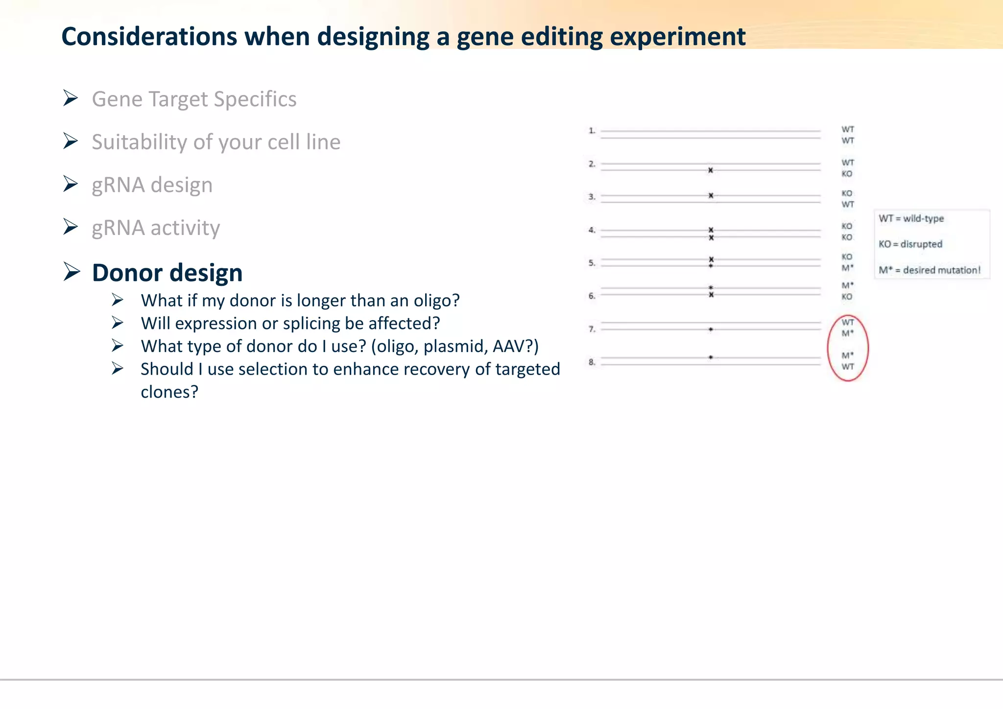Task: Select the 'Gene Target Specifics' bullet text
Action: click(x=194, y=99)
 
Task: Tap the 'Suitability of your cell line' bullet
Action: click(x=216, y=142)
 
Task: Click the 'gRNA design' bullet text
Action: click(x=152, y=185)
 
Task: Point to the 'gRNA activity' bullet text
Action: click(x=156, y=228)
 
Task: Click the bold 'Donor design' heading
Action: click(x=167, y=273)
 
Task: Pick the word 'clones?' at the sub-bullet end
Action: click(x=169, y=392)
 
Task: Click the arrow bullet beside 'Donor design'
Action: click(x=71, y=272)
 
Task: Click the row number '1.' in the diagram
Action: click(x=592, y=131)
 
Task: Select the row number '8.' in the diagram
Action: click(x=592, y=362)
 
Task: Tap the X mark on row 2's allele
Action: click(x=711, y=170)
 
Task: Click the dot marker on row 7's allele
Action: click(x=711, y=330)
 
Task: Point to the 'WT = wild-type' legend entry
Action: click(x=911, y=219)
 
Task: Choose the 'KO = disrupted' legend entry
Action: click(x=910, y=244)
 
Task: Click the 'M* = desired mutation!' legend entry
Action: click(x=929, y=270)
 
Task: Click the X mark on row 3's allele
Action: click(x=711, y=196)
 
